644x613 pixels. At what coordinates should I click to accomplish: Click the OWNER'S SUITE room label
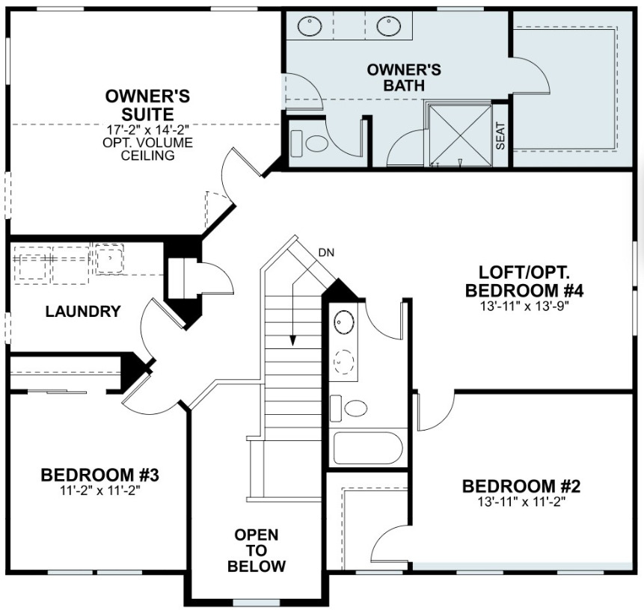click(147, 105)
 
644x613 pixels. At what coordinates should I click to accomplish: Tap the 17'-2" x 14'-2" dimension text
click(147, 129)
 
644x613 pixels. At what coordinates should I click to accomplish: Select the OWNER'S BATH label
click(404, 78)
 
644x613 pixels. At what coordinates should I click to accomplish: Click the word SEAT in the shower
click(500, 135)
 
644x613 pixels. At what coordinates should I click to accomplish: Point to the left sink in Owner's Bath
click(310, 27)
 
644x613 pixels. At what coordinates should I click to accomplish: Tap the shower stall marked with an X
click(459, 135)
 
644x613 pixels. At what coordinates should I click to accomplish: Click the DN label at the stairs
click(326, 252)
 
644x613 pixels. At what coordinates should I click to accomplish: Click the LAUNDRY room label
click(83, 312)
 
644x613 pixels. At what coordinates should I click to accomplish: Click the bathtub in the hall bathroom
click(368, 448)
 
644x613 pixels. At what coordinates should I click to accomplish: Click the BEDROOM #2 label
click(521, 487)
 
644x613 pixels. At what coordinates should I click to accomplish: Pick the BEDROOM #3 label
click(99, 475)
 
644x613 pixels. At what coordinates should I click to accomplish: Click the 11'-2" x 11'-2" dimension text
click(99, 491)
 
